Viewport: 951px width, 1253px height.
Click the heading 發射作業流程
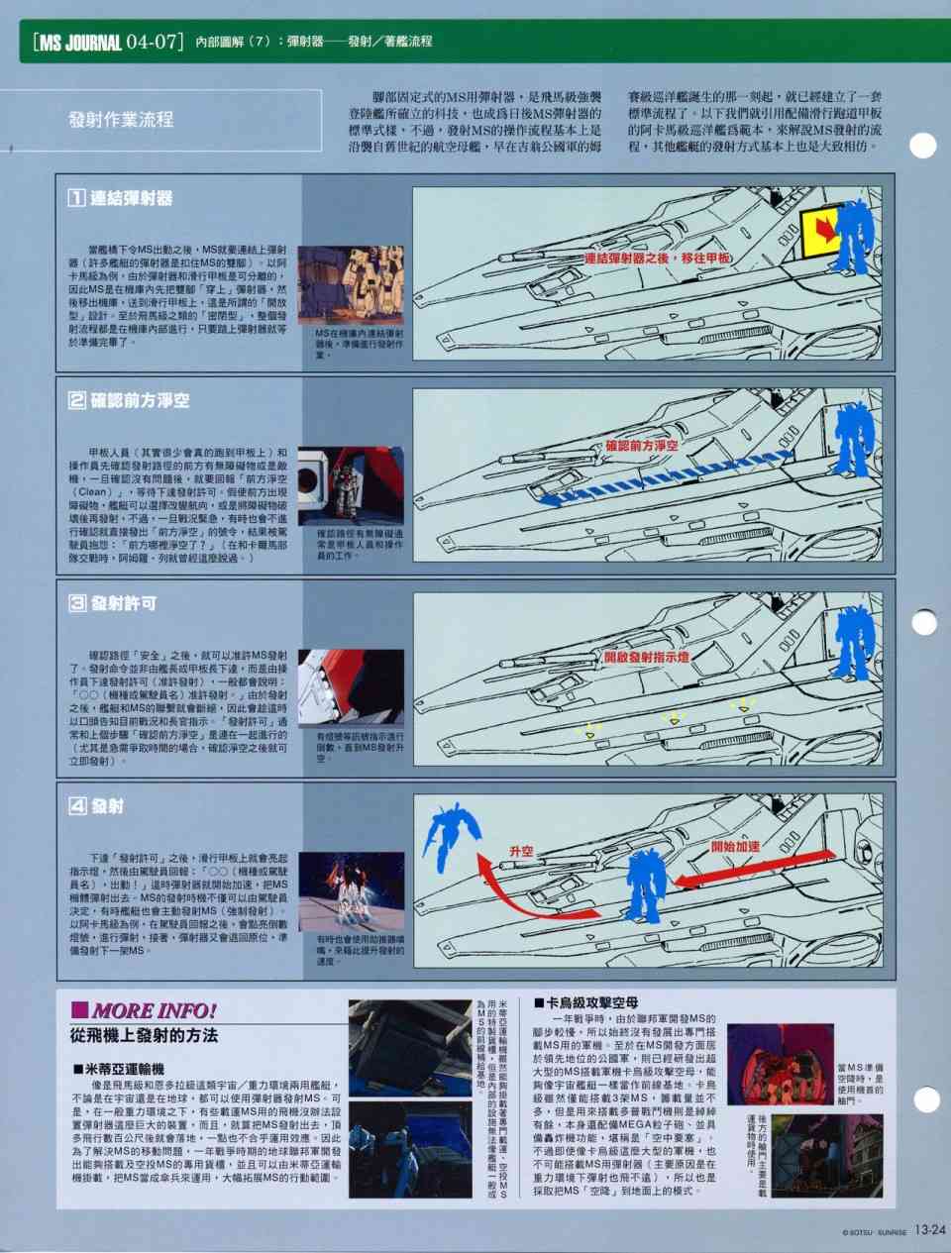tap(121, 120)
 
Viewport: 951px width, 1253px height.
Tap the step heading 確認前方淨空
tap(130, 400)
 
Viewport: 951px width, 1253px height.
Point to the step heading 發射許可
tap(113, 603)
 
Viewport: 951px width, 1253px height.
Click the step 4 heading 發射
tap(97, 806)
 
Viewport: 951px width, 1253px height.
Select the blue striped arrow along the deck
tap(664, 475)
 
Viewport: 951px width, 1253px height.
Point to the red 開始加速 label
tap(736, 847)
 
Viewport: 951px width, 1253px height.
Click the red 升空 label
tap(521, 852)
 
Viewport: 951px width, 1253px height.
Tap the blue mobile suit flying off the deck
tap(451, 830)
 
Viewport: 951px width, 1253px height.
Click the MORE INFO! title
tap(144, 1010)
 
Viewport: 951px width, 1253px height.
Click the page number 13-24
tap(930, 1231)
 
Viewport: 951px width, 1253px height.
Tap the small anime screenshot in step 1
tap(351, 283)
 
